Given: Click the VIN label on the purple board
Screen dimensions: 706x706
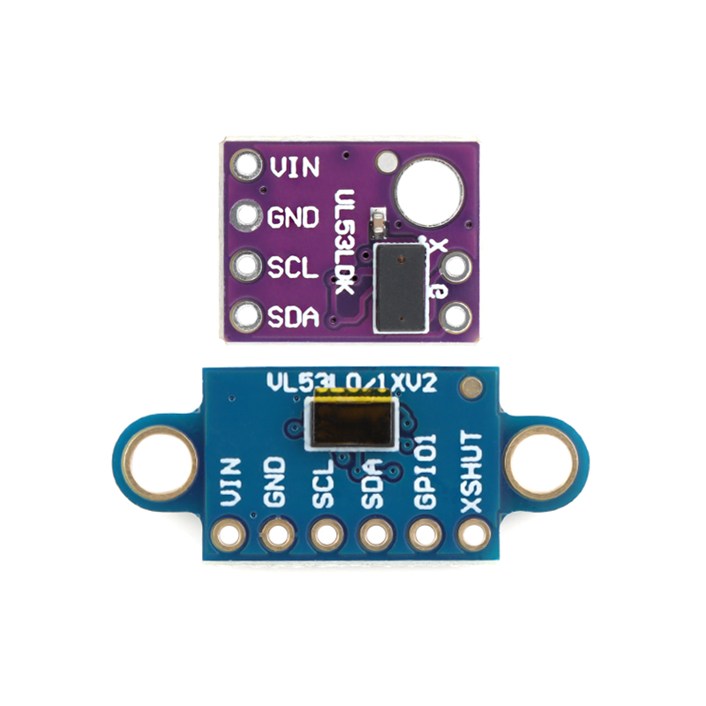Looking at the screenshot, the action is (295, 166).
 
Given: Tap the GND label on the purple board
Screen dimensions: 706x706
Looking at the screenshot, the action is (293, 216).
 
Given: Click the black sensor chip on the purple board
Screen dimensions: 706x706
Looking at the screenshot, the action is (400, 288).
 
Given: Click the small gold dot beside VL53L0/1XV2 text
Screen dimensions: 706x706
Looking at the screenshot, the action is (474, 387).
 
